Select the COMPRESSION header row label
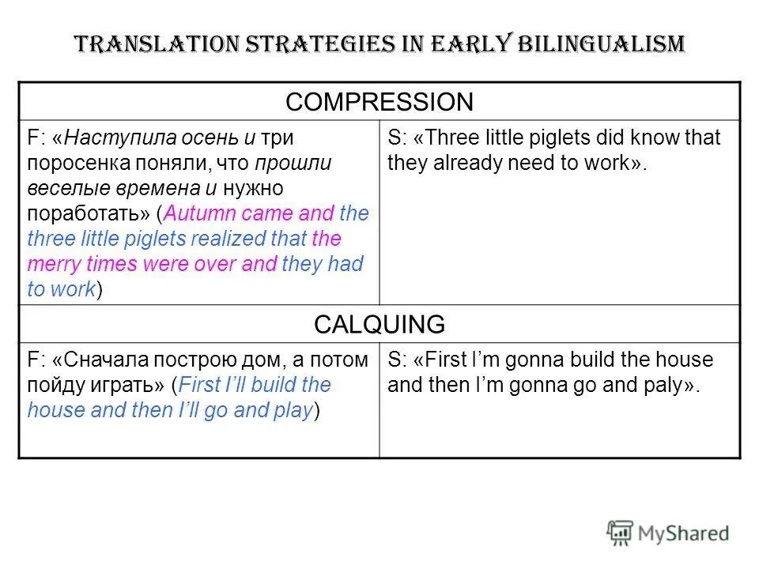tap(379, 101)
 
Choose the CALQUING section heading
tap(379, 324)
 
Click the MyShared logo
tap(668, 533)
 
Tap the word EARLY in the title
tap(472, 43)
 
